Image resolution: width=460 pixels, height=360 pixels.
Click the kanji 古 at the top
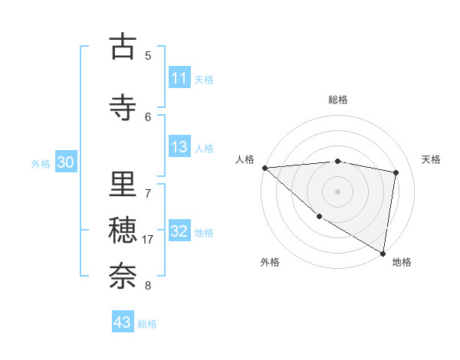click(123, 47)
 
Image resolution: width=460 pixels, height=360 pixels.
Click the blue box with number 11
click(179, 78)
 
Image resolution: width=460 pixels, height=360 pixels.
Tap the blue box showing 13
click(179, 148)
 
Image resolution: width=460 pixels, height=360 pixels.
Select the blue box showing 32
click(179, 232)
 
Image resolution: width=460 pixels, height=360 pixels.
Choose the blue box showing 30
click(66, 162)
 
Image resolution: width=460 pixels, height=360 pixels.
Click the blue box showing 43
click(123, 322)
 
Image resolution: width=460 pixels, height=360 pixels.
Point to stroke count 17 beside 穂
click(149, 240)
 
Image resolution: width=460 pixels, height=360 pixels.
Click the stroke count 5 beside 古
click(148, 55)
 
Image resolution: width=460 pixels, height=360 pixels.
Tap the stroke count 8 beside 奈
click(148, 286)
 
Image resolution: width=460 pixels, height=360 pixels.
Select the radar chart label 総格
click(338, 100)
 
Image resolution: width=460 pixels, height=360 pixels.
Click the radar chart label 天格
click(431, 159)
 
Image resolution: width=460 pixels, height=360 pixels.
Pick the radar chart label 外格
click(269, 262)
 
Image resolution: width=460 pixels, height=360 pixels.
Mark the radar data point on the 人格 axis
click(264, 168)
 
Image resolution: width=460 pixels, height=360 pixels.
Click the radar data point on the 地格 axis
click(383, 253)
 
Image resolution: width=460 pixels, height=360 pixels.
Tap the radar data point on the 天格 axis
click(396, 173)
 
